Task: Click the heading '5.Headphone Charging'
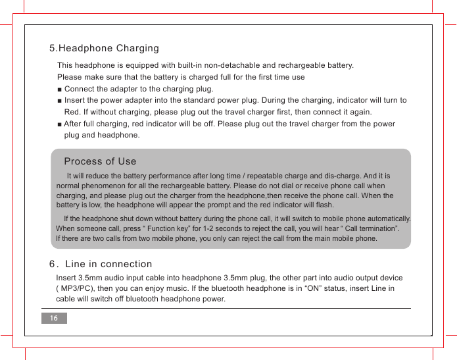pyautogui.click(x=104, y=49)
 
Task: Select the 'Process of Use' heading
pyautogui.click(x=100, y=161)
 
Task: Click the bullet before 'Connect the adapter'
pyautogui.click(x=60, y=90)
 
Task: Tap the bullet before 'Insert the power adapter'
pyautogui.click(x=60, y=101)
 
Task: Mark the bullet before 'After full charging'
pyautogui.click(x=60, y=124)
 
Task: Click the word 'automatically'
pyautogui.click(x=388, y=219)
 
